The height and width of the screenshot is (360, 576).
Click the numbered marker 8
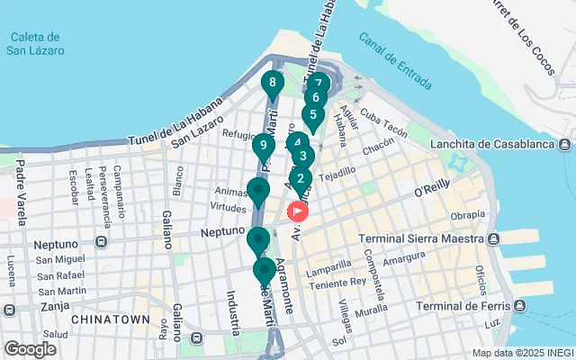click(x=272, y=84)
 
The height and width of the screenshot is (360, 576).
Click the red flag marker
click(x=297, y=211)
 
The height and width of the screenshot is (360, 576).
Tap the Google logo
click(x=30, y=349)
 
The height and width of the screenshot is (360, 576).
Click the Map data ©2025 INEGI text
click(x=521, y=353)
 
